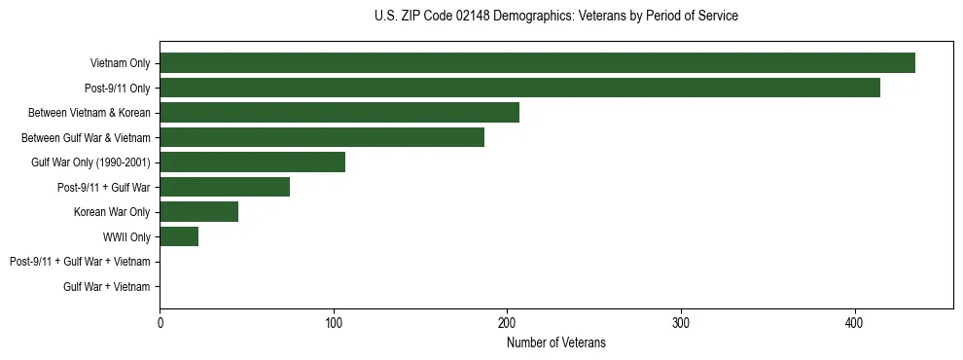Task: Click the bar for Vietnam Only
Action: (x=537, y=63)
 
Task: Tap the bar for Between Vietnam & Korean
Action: (x=339, y=113)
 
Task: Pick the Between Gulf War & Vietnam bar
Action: (x=322, y=137)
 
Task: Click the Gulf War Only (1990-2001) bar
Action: (x=252, y=162)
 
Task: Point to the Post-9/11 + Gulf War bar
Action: (x=225, y=187)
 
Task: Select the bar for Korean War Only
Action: (x=198, y=212)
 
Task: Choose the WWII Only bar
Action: (x=179, y=236)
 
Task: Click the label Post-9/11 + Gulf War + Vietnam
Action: (x=80, y=262)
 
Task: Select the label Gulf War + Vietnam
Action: (x=107, y=287)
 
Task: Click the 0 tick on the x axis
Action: (x=160, y=323)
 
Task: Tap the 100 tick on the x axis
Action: (x=334, y=323)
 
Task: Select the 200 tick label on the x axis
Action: (x=507, y=323)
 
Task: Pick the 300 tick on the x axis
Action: (x=681, y=323)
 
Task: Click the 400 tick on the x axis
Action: (x=854, y=323)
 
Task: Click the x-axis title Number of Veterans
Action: (x=555, y=342)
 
